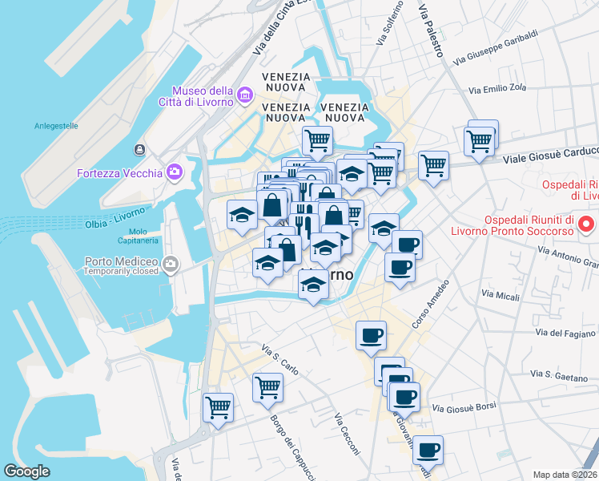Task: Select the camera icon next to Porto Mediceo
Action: pyautogui.click(x=170, y=264)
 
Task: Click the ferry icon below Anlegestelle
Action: pyautogui.click(x=139, y=150)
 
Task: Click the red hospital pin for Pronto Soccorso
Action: pyautogui.click(x=586, y=223)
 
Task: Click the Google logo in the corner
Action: pyautogui.click(x=26, y=471)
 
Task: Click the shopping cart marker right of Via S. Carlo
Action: pyautogui.click(x=267, y=387)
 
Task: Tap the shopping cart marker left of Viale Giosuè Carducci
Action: pyautogui.click(x=433, y=165)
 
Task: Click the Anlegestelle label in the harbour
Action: pyautogui.click(x=55, y=126)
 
